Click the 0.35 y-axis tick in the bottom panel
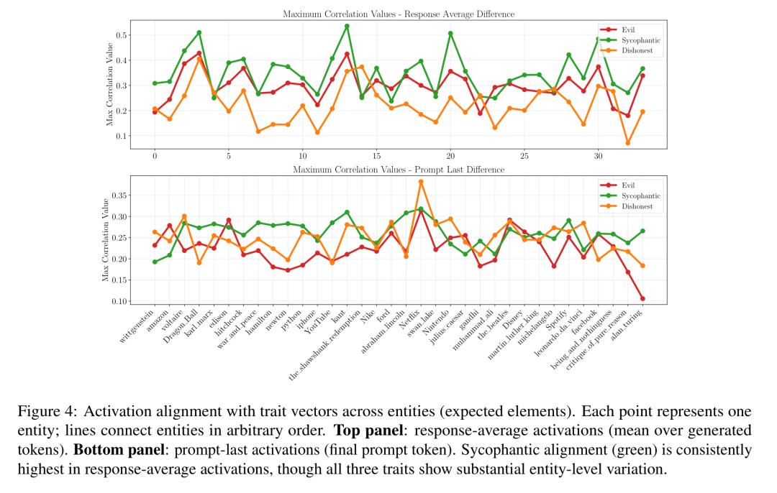click(119, 195)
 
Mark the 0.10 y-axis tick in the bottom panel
click(119, 300)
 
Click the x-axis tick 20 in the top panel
click(450, 156)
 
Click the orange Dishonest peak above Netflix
click(421, 181)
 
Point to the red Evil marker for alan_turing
click(642, 298)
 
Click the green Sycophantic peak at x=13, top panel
click(347, 26)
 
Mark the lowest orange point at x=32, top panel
click(627, 143)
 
